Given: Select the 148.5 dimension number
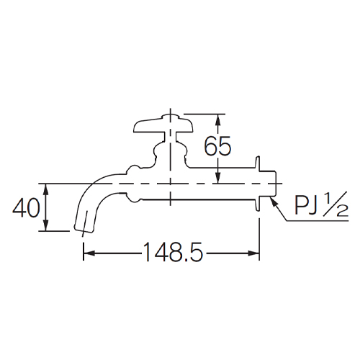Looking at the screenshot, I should point(171,253).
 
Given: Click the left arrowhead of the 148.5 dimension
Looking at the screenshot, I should point(88,253).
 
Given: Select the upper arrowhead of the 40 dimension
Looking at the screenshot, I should point(47,188).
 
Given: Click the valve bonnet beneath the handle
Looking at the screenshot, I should point(170,153).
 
